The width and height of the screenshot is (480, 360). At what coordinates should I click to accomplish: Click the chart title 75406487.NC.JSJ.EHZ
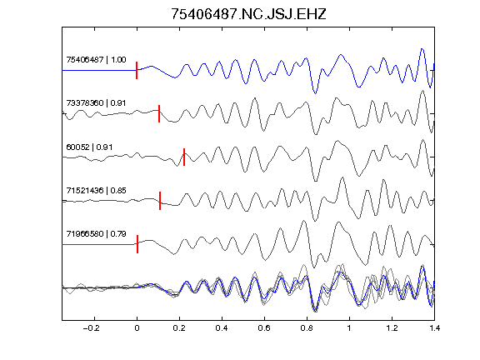pos(248,14)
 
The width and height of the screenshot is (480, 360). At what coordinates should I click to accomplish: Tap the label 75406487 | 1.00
pos(96,59)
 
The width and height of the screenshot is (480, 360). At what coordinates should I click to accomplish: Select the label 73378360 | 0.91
pos(96,102)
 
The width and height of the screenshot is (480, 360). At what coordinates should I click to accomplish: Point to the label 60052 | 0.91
pos(89,147)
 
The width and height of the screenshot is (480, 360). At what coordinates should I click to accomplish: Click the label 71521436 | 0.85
pos(96,190)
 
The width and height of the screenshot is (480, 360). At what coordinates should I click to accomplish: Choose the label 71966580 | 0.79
pos(96,234)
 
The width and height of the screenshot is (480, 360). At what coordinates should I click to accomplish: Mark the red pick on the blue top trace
pos(137,70)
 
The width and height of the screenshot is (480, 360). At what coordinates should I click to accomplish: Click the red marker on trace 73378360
pos(159,113)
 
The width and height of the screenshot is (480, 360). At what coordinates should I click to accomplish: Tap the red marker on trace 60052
pos(184,157)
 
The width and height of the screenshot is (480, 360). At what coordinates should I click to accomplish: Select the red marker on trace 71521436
pos(160,201)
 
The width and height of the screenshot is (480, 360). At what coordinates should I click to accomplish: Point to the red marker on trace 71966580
pos(137,244)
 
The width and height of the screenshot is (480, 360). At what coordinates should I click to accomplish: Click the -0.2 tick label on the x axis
pos(91,328)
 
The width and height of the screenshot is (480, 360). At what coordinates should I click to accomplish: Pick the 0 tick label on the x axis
pos(137,328)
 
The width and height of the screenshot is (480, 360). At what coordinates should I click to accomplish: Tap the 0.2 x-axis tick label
pos(179,328)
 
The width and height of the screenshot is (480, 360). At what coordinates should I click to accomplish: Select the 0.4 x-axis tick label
pos(222,328)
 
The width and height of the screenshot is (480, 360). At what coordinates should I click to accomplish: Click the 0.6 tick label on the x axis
pos(264,328)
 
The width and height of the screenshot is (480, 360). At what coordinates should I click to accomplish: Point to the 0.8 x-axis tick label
pos(307,328)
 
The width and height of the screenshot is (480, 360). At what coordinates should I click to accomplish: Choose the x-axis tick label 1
pos(349,328)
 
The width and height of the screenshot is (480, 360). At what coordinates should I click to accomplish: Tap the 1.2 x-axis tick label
pos(392,328)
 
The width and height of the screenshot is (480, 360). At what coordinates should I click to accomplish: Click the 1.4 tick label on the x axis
pos(434,328)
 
